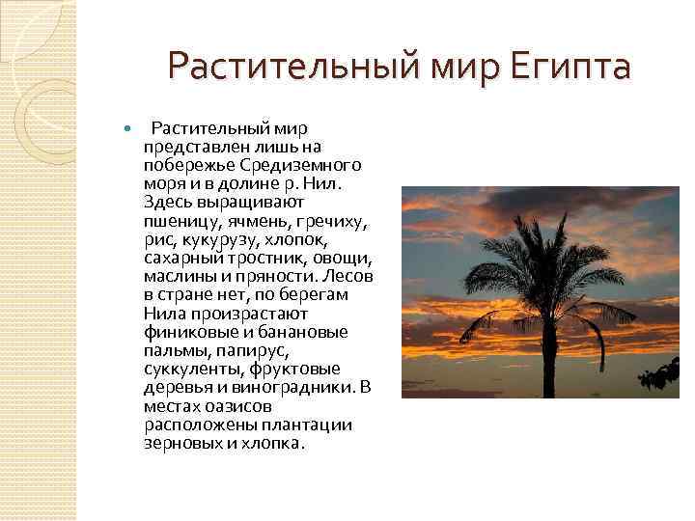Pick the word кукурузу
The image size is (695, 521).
coord(223,239)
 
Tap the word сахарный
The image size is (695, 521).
coord(184,258)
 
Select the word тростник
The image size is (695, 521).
coord(266,258)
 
